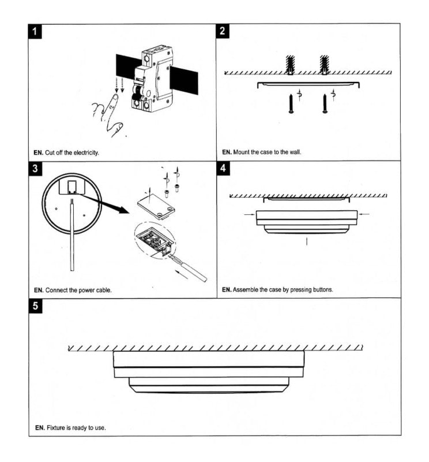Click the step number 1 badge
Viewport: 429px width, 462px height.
point(35,31)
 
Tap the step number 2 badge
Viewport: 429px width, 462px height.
point(223,31)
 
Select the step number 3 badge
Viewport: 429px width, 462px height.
point(35,169)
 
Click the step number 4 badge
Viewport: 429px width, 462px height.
point(223,169)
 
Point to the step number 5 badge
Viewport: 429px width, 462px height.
point(35,306)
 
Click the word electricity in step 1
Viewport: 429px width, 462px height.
point(85,153)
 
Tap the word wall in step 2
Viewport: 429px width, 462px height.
point(295,152)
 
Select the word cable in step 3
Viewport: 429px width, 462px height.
point(103,290)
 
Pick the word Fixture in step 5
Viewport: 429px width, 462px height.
point(57,428)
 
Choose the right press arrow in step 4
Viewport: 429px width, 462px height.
point(364,214)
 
